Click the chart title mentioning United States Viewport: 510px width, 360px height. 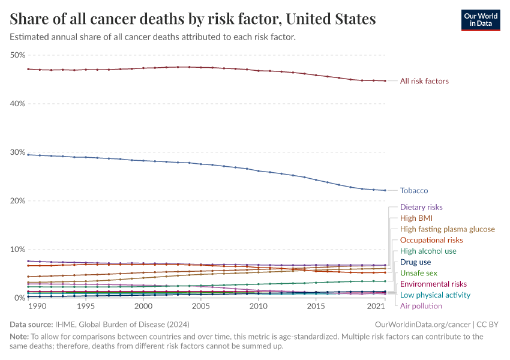click(193, 19)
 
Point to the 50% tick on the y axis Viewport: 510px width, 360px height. click(17, 55)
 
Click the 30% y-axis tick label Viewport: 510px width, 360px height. click(17, 152)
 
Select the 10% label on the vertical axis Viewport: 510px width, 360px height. click(17, 250)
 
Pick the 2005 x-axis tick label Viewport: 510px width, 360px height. click(200, 307)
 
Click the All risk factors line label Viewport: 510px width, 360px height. click(424, 81)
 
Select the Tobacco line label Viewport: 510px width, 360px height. click(413, 191)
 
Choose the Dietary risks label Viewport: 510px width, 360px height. click(421, 208)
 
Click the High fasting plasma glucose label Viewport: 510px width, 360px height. click(447, 229)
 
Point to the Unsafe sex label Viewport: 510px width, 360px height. click(418, 273)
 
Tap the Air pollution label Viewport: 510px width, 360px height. click(421, 306)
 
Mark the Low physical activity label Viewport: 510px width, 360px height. click(435, 295)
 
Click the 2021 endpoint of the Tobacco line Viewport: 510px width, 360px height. click(385, 190)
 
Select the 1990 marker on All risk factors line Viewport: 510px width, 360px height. click(28, 69)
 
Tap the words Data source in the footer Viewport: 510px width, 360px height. click(30, 325)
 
